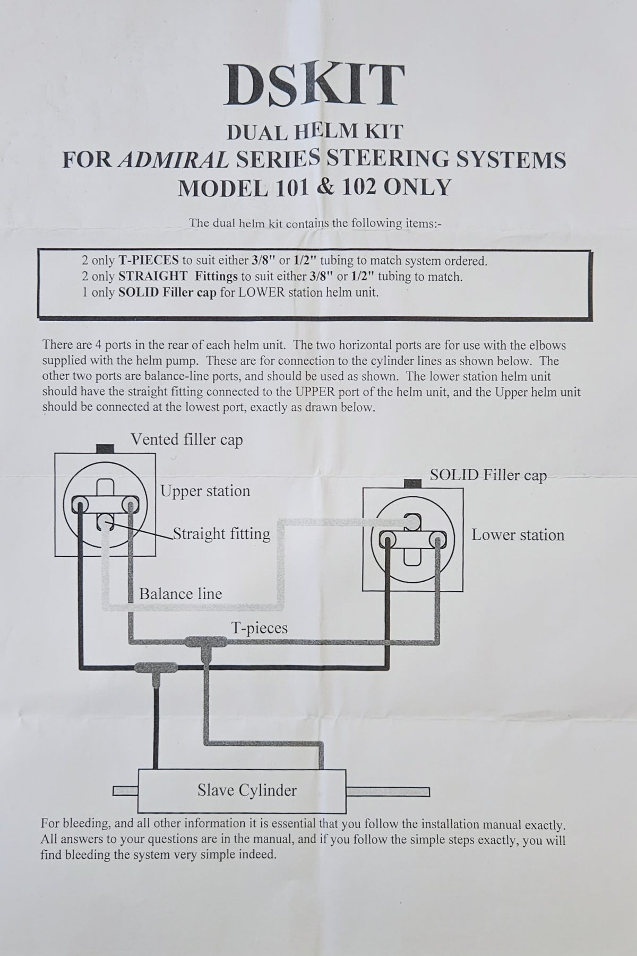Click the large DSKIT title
tap(315, 85)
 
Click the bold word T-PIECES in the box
tap(145, 261)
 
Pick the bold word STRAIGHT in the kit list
tap(152, 277)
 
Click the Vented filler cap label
tap(186, 440)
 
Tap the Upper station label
tap(205, 491)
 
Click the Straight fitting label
tap(222, 533)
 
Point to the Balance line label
tap(180, 593)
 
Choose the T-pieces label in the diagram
tap(260, 628)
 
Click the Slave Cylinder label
tap(247, 790)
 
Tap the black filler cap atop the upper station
tap(106, 448)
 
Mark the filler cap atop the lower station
tap(412, 484)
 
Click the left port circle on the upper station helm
tap(80, 502)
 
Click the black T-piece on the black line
tap(156, 667)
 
